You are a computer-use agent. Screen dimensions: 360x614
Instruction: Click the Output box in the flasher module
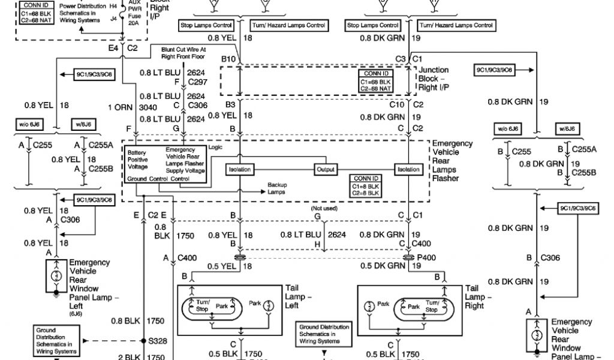[326, 170]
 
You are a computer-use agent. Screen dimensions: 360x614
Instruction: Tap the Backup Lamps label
[279, 189]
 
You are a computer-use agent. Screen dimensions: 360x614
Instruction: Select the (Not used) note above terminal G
[324, 208]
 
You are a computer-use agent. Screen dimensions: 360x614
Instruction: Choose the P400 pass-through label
[426, 257]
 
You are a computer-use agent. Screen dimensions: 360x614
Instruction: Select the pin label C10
[397, 104]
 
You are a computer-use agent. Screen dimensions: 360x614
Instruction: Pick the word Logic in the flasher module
[215, 147]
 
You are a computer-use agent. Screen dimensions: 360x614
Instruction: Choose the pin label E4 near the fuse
[113, 47]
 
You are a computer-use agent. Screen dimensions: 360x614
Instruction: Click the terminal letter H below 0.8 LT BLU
[317, 244]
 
